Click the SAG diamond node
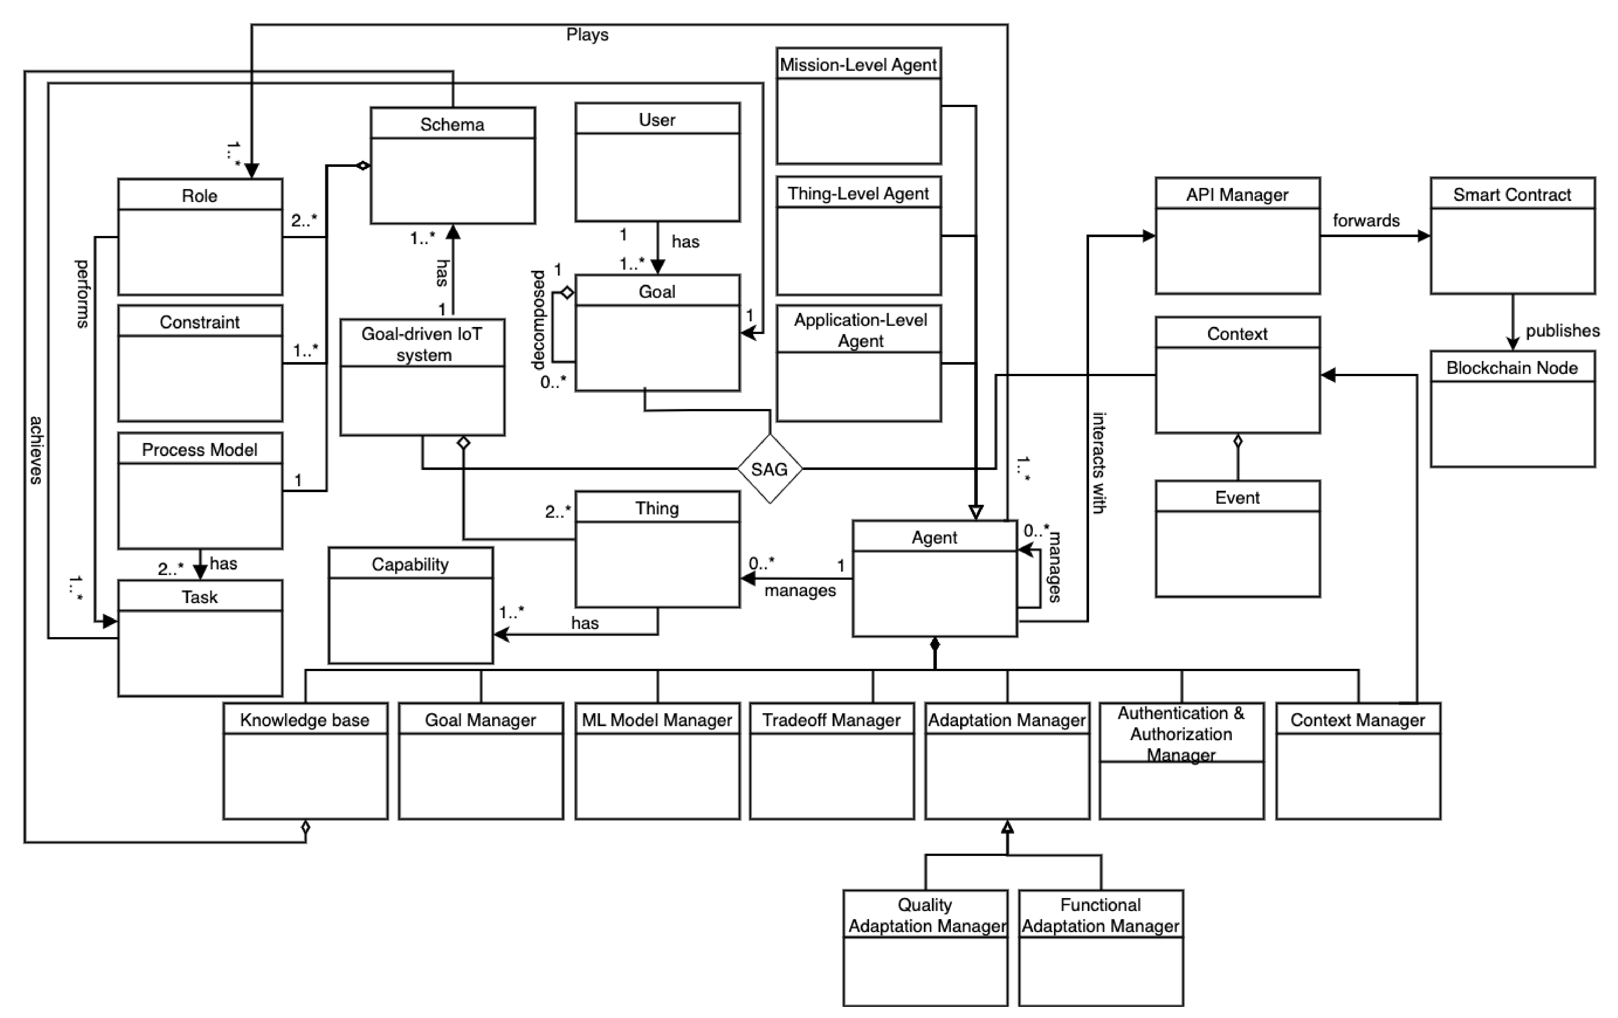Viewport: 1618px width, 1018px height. point(769,469)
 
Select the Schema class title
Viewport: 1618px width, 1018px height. point(452,124)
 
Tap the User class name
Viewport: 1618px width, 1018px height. point(657,120)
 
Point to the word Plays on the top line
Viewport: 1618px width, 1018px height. point(587,34)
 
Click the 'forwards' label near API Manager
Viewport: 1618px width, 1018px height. point(1366,221)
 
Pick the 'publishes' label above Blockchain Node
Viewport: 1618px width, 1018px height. point(1562,331)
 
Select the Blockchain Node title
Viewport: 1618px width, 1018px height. point(1512,367)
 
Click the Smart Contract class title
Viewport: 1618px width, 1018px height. point(1512,195)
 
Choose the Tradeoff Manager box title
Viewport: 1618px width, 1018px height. point(831,720)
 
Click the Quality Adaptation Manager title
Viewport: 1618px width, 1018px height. point(926,915)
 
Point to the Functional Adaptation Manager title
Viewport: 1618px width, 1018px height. point(1101,915)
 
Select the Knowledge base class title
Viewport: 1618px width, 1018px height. point(305,720)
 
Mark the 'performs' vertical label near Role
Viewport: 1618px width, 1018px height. point(82,294)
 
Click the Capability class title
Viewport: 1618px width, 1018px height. point(410,564)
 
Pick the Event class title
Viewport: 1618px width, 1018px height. point(1237,498)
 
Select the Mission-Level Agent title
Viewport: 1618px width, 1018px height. point(858,65)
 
